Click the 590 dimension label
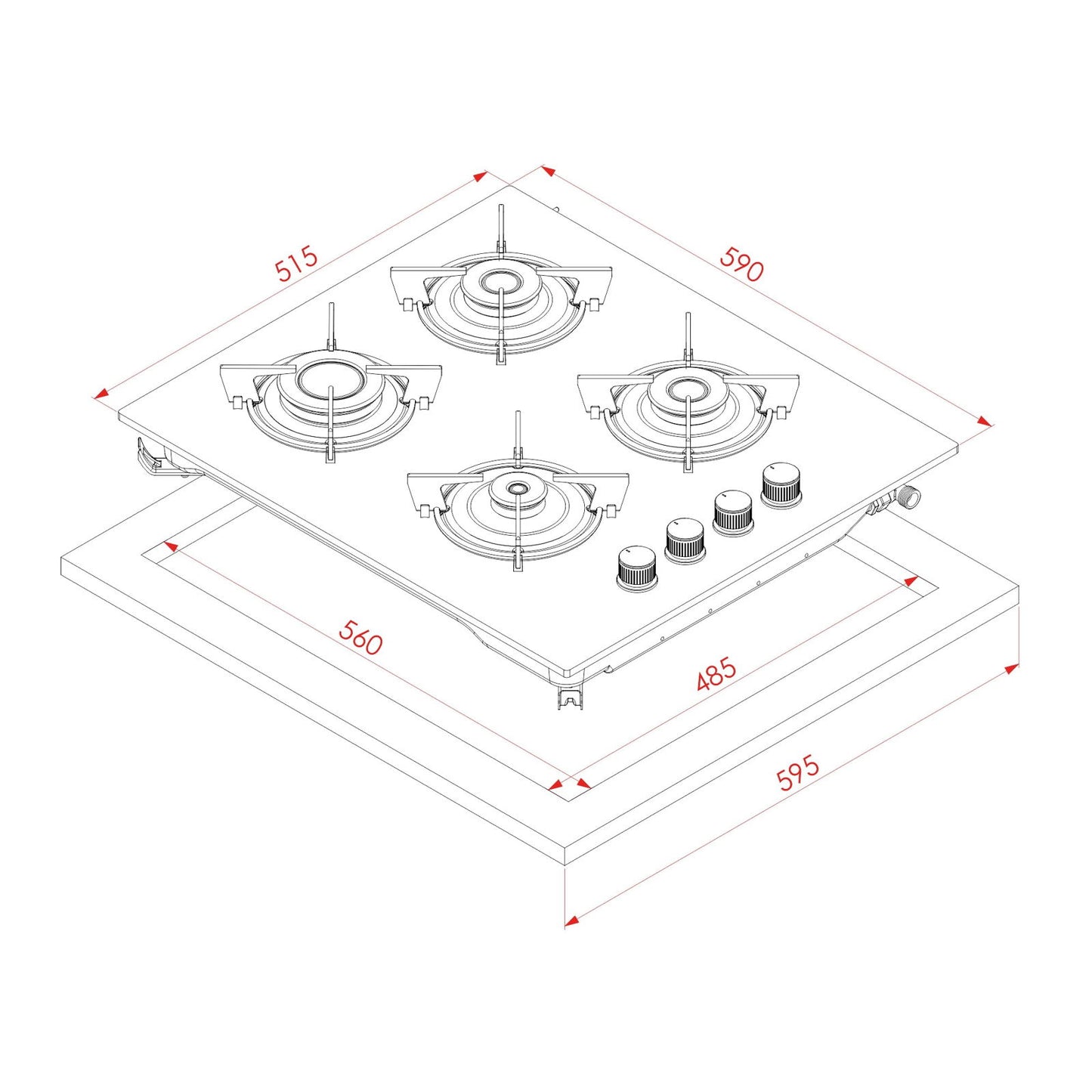741,264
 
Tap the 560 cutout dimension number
360,638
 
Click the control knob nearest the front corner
636,569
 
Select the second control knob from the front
685,540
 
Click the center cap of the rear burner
500,281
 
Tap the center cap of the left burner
330,377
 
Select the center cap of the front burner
517,489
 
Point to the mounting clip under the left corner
151,457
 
